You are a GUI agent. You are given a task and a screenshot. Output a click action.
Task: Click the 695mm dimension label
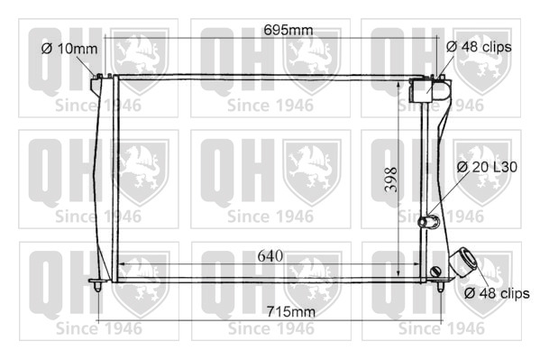[x=288, y=30]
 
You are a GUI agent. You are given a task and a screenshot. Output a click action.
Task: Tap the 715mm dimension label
[x=291, y=311]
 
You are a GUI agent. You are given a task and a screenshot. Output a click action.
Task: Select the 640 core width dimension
[x=270, y=256]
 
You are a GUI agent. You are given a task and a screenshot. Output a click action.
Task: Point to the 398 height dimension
[x=391, y=180]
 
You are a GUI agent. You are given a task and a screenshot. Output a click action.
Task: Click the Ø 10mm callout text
[x=69, y=49]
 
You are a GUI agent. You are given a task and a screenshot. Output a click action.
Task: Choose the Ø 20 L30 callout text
[x=487, y=167]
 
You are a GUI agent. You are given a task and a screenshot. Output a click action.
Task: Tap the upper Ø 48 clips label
[x=479, y=47]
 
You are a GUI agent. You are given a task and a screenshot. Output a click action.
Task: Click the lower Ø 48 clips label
[x=497, y=293]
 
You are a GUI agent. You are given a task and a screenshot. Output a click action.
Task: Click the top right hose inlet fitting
[x=429, y=90]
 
